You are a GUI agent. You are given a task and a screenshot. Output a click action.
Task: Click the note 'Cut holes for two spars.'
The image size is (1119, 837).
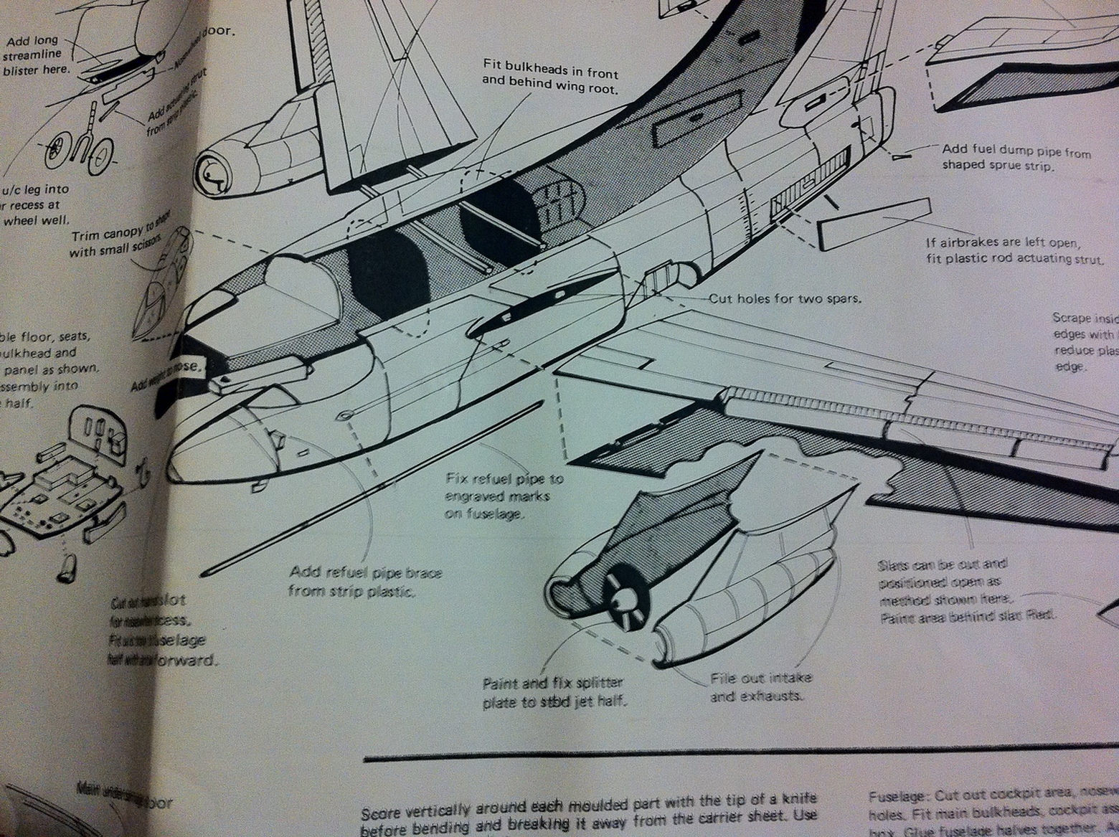tap(785, 298)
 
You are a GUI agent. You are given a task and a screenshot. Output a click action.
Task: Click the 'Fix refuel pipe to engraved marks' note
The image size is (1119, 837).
tap(504, 496)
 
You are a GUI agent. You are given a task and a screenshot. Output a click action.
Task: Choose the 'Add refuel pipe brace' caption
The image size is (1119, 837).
tap(364, 582)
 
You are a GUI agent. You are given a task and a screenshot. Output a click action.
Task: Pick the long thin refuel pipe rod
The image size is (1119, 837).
tap(373, 488)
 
